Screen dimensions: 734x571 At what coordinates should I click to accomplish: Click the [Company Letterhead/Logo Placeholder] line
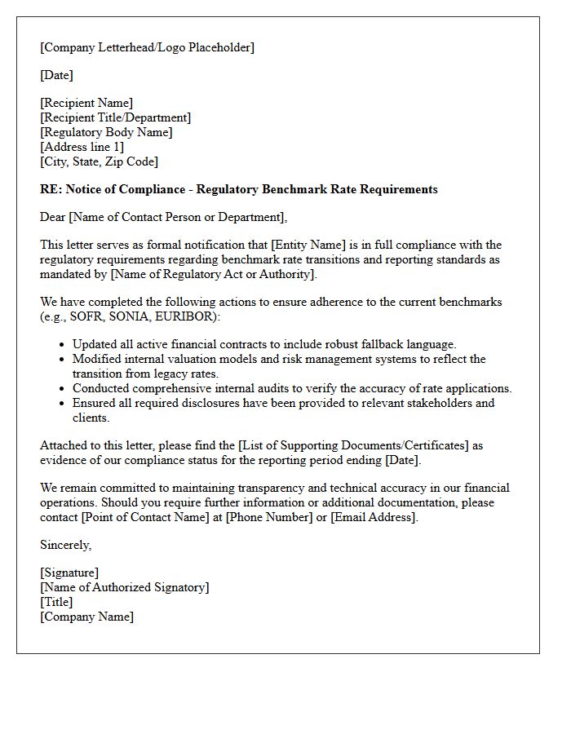click(147, 47)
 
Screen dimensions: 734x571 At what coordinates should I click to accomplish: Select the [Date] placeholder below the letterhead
click(56, 75)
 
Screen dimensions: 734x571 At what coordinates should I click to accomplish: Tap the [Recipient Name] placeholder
click(86, 103)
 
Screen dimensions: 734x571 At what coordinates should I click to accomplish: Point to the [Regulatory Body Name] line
click(106, 132)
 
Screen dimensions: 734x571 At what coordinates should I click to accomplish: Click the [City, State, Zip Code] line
click(99, 161)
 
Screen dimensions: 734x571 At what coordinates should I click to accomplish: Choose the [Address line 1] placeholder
click(82, 147)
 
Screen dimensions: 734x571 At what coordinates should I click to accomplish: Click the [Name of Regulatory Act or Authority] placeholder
click(213, 274)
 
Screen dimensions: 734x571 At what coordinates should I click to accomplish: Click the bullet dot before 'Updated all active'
click(62, 345)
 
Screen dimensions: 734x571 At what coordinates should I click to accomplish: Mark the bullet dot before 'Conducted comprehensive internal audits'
click(62, 389)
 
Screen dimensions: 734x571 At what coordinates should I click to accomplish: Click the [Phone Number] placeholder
click(268, 517)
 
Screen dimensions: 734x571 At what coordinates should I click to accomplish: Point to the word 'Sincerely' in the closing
click(64, 545)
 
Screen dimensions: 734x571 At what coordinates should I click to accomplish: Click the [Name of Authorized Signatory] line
click(124, 587)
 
